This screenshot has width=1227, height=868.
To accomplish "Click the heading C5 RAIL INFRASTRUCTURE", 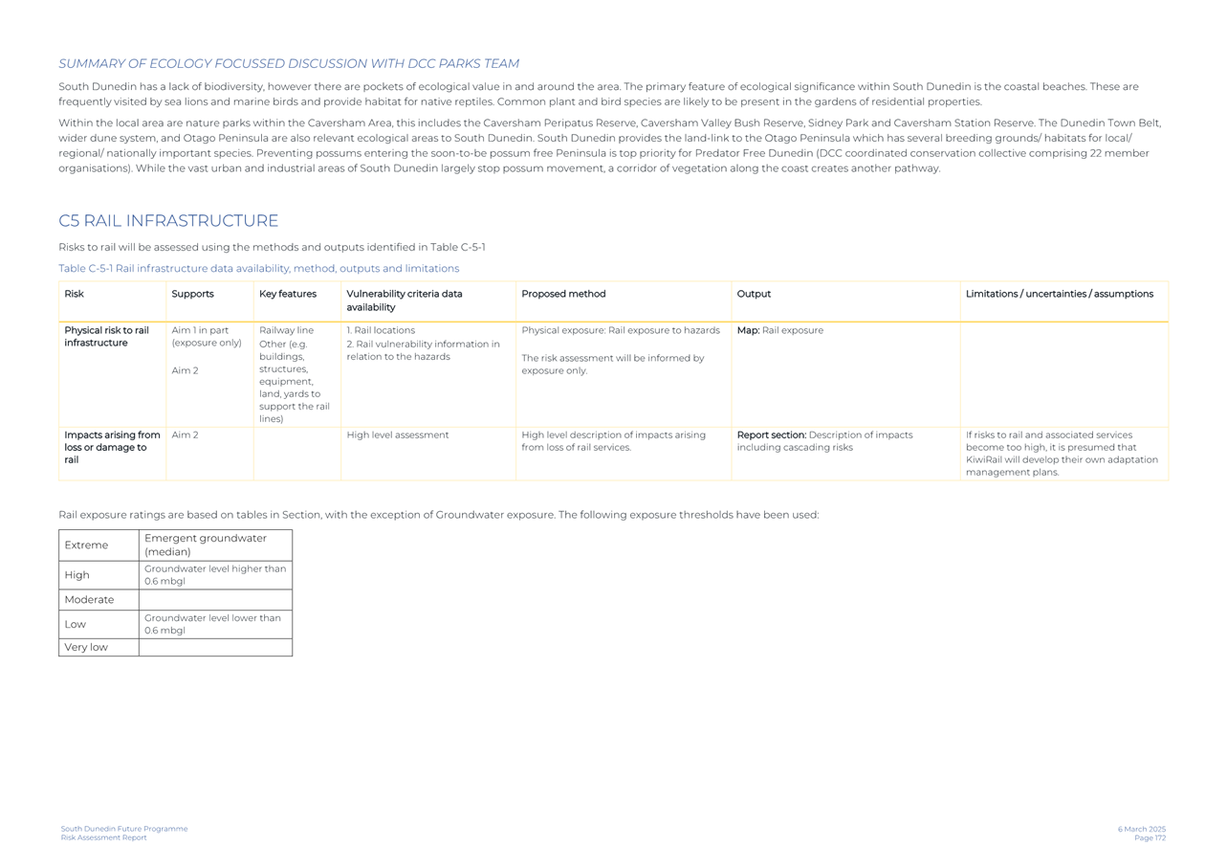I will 168,221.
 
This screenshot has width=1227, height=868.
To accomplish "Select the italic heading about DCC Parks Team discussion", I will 289,64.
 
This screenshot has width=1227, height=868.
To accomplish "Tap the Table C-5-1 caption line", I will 258,269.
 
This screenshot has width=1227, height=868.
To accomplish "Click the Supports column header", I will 192,294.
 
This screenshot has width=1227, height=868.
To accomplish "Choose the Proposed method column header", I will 563,294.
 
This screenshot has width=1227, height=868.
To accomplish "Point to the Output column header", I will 754,294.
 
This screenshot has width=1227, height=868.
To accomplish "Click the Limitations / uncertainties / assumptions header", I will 1059,294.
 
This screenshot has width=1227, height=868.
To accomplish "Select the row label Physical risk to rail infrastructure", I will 106,337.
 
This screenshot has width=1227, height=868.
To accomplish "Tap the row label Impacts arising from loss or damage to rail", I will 112,447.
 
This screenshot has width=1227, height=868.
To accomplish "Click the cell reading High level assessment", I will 397,435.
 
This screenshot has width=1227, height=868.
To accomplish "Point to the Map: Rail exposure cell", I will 779,331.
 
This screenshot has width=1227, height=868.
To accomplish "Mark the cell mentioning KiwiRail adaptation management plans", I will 1062,454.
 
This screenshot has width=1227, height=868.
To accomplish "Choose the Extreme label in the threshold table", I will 86,545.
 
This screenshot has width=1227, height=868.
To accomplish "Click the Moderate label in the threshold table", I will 89,600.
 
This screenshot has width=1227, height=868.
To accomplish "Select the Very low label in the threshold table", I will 86,648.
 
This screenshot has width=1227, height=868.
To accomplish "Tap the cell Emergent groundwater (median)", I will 206,545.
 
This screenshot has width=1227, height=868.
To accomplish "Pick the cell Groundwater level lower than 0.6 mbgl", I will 212,624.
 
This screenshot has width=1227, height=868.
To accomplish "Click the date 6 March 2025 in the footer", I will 1141,829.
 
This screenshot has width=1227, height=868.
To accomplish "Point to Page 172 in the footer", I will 1150,838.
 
